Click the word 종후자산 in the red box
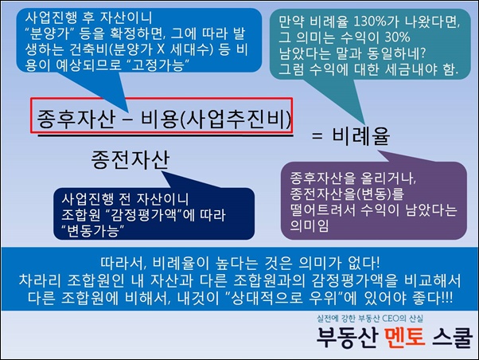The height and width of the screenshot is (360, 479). [x=76, y=119]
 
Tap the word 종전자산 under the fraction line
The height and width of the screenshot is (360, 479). [x=130, y=159]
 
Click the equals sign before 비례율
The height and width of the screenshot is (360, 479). [x=317, y=136]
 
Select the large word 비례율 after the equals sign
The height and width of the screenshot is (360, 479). [x=360, y=135]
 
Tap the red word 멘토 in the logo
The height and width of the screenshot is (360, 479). [x=404, y=338]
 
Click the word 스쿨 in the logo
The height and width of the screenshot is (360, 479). [x=453, y=338]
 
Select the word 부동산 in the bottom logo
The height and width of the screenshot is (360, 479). [x=347, y=338]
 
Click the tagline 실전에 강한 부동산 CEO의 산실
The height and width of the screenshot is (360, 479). [x=370, y=319]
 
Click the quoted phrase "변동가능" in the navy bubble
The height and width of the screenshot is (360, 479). [x=92, y=231]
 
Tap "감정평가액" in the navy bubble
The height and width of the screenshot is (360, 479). [x=143, y=215]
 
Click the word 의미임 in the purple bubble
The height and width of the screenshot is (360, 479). [x=309, y=225]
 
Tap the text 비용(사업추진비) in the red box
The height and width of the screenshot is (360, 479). [x=216, y=119]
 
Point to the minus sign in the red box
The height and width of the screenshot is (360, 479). [x=127, y=119]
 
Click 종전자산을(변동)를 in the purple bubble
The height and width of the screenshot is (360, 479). [x=347, y=194]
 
